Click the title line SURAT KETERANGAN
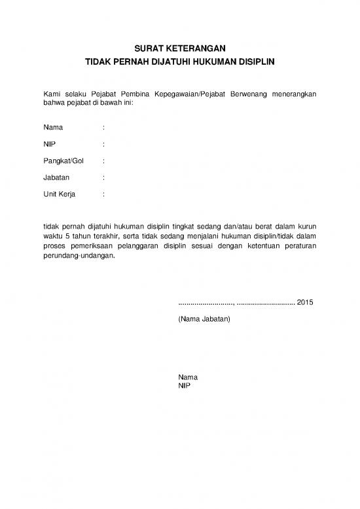(179, 49)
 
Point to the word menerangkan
(294, 95)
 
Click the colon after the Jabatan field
(104, 178)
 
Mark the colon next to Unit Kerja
(104, 195)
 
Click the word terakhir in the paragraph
(103, 237)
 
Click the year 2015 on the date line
(306, 303)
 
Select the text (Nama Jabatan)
(204, 319)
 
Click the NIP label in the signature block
(184, 386)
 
